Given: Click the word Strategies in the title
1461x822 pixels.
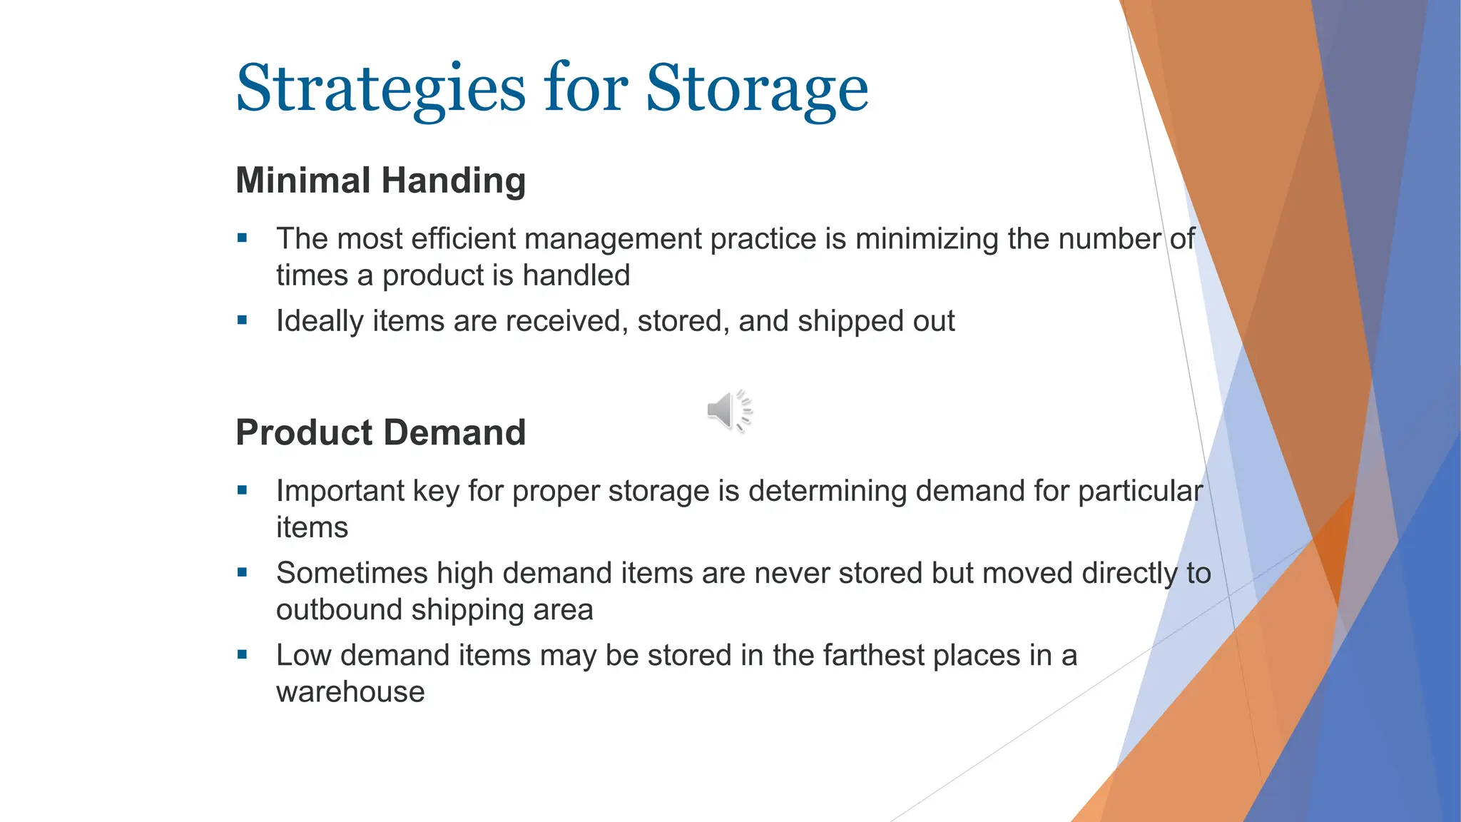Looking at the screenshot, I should tap(380, 89).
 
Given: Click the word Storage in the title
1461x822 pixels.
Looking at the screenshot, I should tap(757, 89).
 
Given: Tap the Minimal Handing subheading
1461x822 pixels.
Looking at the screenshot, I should tap(381, 180).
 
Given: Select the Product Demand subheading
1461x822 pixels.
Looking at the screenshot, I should tap(381, 432).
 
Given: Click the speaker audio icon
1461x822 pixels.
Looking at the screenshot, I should tap(729, 411).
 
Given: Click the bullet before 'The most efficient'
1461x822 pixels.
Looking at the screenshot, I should tap(243, 238).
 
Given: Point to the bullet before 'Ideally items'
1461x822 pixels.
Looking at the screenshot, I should tap(243, 321).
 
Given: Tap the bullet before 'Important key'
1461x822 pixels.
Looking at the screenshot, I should tap(243, 491).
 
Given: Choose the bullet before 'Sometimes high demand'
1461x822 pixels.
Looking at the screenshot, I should tap(243, 573).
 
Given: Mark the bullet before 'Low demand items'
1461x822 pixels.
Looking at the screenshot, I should tap(243, 655).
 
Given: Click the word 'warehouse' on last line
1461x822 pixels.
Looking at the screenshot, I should tap(350, 692).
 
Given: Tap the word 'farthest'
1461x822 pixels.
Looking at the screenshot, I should tap(873, 656).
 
